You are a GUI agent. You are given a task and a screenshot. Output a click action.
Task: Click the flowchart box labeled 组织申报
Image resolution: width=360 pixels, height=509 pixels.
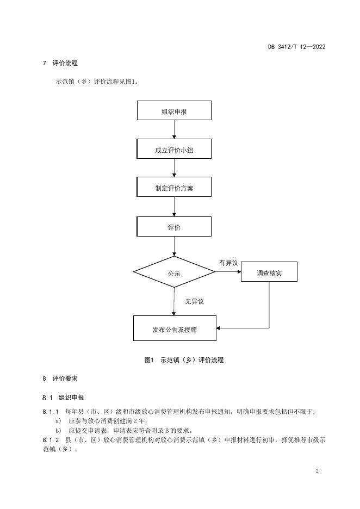click(x=174, y=110)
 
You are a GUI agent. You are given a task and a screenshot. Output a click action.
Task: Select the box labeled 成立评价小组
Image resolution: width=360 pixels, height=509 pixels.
click(x=174, y=149)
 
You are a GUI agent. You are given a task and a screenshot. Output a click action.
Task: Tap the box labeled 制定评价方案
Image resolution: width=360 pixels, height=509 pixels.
click(x=174, y=187)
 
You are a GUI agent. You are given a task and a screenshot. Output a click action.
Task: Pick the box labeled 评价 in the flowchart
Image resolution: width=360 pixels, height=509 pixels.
click(x=174, y=227)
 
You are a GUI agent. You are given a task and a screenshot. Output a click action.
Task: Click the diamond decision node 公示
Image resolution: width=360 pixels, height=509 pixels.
click(x=174, y=272)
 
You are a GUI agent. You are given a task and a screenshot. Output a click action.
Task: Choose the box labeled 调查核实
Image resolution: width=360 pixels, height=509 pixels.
click(x=269, y=272)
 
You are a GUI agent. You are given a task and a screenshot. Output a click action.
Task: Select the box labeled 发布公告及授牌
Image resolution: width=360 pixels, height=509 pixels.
click(x=175, y=328)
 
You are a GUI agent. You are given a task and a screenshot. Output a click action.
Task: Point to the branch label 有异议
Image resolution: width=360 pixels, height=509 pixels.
click(x=228, y=263)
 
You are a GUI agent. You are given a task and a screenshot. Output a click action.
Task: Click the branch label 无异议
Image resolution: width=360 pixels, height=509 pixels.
click(x=195, y=302)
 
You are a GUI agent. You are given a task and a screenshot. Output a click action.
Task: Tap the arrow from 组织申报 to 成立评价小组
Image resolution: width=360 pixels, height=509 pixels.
click(x=175, y=129)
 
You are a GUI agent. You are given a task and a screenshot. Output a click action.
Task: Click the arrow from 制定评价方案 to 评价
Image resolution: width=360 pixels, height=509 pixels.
click(x=175, y=207)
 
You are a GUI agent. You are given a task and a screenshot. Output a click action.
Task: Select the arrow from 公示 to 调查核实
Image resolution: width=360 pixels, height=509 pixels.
click(x=228, y=272)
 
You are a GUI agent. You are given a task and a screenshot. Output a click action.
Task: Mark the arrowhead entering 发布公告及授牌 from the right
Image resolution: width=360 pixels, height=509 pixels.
click(x=218, y=328)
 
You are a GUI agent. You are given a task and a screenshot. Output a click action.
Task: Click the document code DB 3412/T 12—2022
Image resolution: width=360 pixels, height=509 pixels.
click(x=297, y=47)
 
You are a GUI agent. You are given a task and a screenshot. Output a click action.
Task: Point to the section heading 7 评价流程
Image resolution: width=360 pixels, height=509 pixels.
click(x=60, y=63)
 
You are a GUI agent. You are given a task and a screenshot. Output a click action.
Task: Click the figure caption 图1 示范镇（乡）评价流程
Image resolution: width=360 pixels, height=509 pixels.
click(x=184, y=360)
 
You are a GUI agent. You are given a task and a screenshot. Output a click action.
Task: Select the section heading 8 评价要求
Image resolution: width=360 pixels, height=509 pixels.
click(x=60, y=378)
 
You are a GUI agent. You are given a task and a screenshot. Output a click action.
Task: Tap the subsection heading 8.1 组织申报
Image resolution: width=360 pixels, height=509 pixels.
click(x=63, y=398)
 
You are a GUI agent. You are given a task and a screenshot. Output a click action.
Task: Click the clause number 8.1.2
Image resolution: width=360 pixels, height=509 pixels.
click(x=51, y=440)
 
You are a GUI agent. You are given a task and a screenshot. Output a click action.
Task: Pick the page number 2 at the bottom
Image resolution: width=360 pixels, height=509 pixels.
click(x=317, y=471)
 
